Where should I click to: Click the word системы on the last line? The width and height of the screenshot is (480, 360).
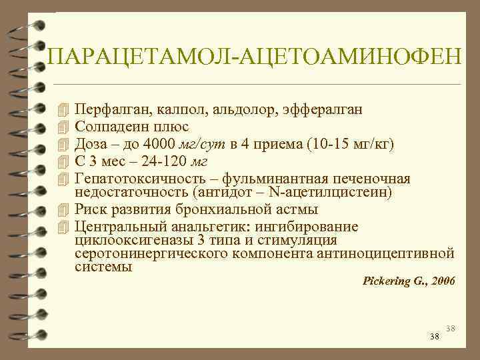(103, 267)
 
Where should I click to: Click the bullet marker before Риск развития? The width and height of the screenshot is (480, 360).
(64, 210)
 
